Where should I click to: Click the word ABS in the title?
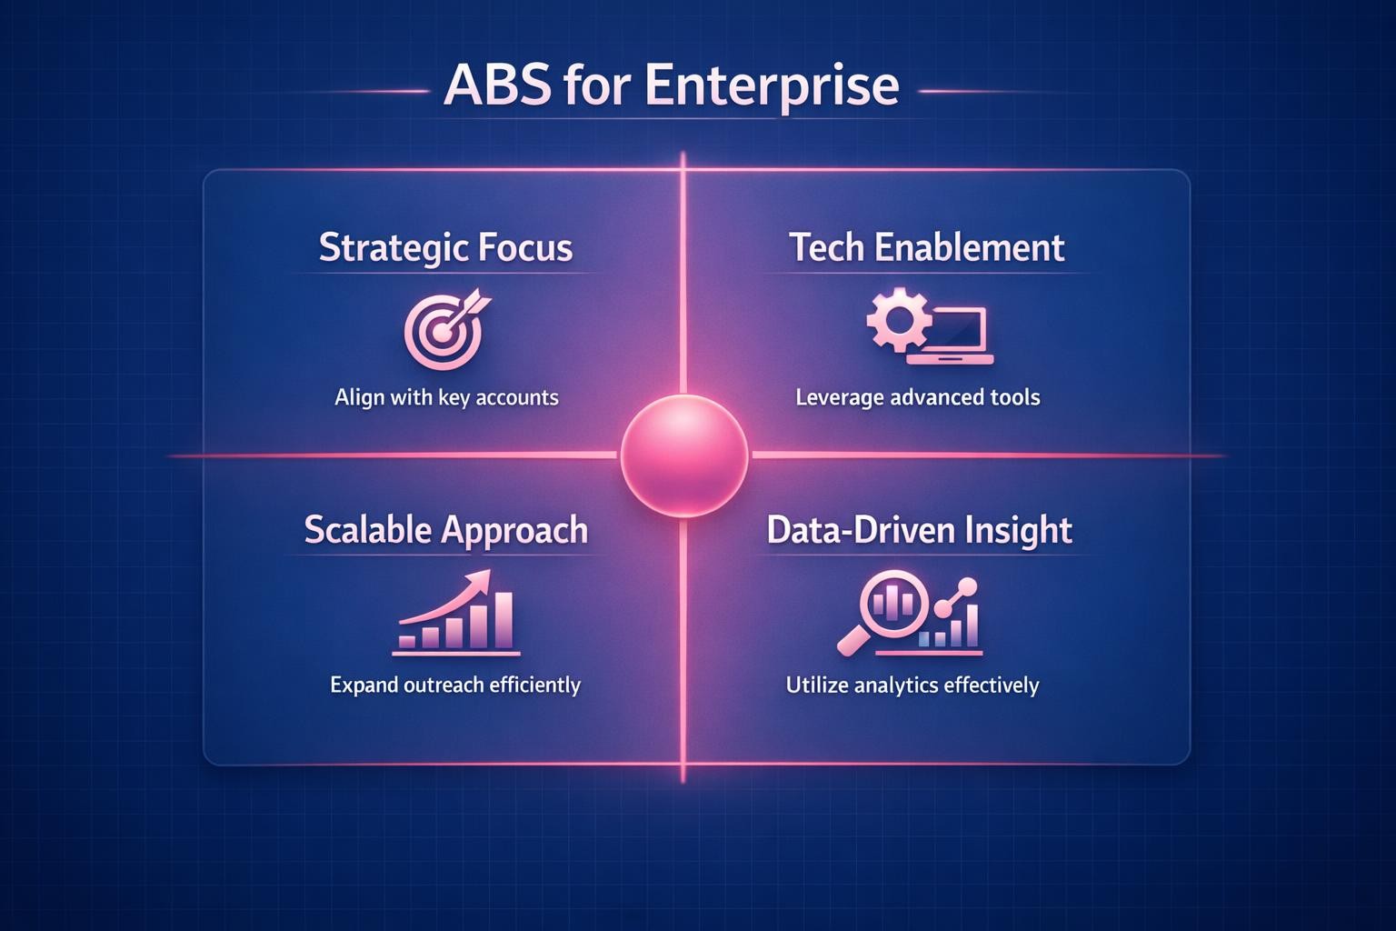tap(496, 85)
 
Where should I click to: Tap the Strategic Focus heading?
tap(445, 248)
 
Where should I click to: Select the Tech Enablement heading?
tap(926, 248)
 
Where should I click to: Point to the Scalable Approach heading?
tap(445, 530)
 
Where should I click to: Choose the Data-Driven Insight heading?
tap(919, 530)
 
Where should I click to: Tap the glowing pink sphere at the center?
tap(683, 455)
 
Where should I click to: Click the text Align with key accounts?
tap(446, 397)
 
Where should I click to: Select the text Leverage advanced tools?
tap(917, 397)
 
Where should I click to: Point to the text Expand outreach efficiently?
tap(454, 685)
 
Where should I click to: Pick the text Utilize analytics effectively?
tap(912, 685)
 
